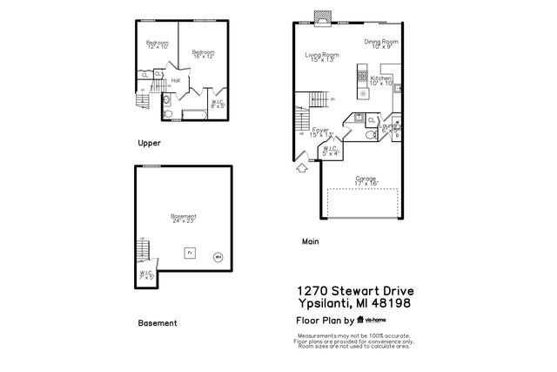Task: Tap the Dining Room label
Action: [x=380, y=44]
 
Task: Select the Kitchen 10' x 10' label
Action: [x=382, y=81]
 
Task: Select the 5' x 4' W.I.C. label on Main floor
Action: [x=330, y=152]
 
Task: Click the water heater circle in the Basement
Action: [x=218, y=256]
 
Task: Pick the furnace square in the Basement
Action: [x=190, y=254]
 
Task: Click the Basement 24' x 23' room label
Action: [x=183, y=219]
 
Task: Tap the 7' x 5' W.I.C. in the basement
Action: [x=145, y=275]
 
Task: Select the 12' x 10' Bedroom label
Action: [x=157, y=45]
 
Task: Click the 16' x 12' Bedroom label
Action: [x=203, y=54]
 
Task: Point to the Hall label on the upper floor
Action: [x=175, y=80]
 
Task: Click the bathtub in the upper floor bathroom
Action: [x=192, y=114]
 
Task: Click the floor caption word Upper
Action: [x=149, y=142]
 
